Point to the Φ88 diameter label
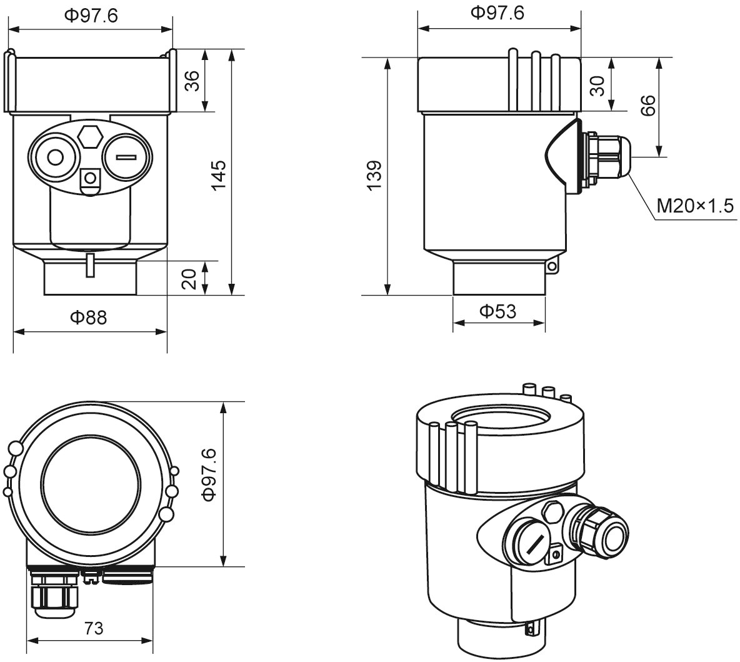point(88,318)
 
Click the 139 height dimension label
point(373,176)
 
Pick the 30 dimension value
point(598,86)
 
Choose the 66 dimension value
point(648,106)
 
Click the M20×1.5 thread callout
point(694,205)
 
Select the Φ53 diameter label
point(497,310)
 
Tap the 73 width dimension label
point(93,628)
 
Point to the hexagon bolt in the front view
point(91,136)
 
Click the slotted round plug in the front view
point(127,157)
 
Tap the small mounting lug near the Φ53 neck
point(551,267)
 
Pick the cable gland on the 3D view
point(603,531)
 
